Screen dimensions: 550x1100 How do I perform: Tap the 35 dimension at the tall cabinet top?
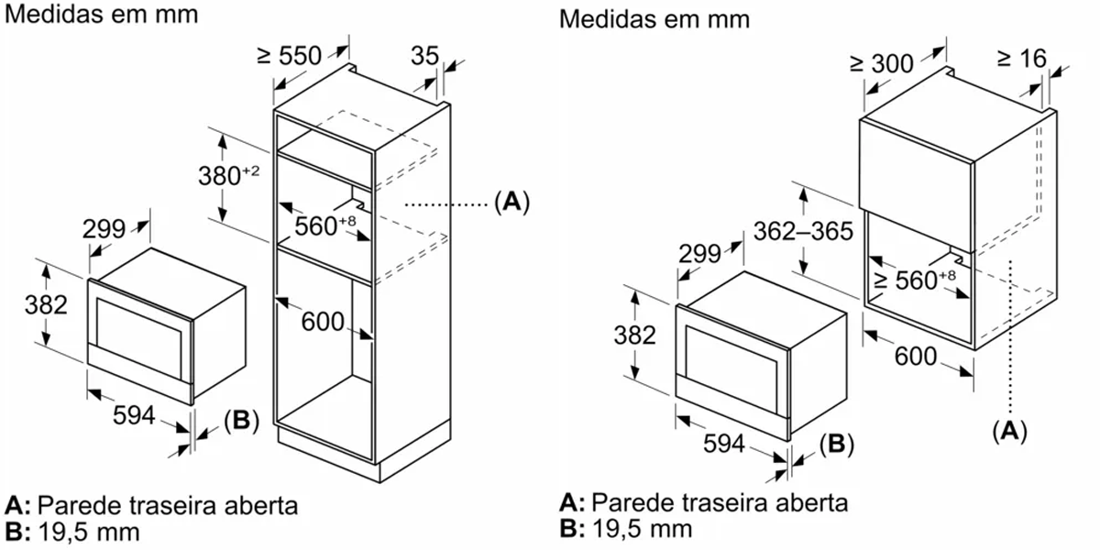click(x=424, y=56)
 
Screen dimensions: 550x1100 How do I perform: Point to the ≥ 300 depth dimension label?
click(x=882, y=63)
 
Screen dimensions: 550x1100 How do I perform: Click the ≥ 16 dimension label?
click(x=1019, y=59)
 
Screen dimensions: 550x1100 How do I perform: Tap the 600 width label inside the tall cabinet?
click(x=322, y=322)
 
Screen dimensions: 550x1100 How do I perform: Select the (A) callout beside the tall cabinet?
click(x=511, y=201)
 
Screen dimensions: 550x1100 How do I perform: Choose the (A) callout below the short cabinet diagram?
click(x=1009, y=429)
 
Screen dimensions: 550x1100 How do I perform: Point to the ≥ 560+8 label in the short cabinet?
click(x=914, y=278)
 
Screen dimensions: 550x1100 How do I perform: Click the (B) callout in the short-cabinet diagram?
click(x=835, y=445)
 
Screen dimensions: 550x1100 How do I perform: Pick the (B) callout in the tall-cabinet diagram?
click(x=241, y=421)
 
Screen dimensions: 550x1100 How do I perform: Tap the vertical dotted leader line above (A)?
click(x=1009, y=339)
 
